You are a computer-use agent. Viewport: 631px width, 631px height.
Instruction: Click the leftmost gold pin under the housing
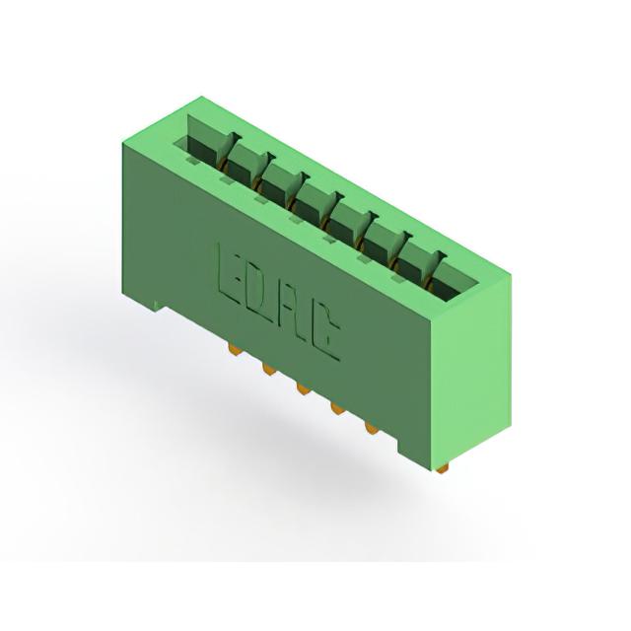pos(236,351)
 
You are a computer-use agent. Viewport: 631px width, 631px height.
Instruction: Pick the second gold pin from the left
pos(269,369)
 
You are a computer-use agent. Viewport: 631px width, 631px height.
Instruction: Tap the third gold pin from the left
pos(304,388)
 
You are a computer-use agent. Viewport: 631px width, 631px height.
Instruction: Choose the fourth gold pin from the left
pos(337,409)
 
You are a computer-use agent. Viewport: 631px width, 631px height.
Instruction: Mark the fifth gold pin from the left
pos(372,428)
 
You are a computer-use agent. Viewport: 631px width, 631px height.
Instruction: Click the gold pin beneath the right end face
pos(443,467)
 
